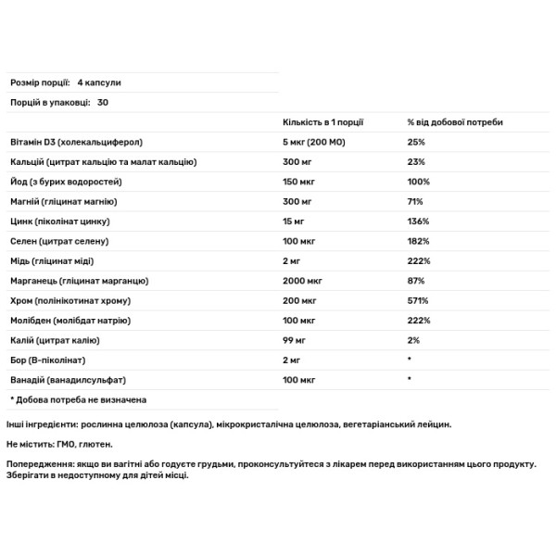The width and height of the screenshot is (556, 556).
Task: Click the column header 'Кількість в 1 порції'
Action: coord(322,122)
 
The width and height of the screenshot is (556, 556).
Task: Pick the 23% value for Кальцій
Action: coord(416,161)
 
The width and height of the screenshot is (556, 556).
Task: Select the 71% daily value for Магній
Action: coord(415,201)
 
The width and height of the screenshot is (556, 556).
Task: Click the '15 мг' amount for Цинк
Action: coord(294,221)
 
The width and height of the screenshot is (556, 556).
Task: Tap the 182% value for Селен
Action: coord(418,240)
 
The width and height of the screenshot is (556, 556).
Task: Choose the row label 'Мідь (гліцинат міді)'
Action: coord(50,260)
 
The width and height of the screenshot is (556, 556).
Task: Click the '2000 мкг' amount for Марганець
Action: coord(302,280)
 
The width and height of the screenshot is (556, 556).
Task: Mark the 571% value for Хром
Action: coord(418,300)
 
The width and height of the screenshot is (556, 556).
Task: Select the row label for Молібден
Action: coord(62,320)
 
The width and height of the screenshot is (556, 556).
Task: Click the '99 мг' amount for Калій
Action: coord(294,340)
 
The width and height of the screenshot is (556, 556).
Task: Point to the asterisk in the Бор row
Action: coord(409,360)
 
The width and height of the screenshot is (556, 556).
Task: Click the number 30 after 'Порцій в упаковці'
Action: coord(102,102)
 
